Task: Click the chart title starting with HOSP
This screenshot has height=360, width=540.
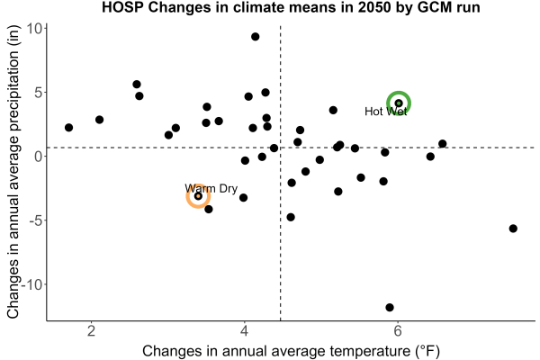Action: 291,7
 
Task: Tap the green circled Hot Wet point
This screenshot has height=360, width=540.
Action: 399,103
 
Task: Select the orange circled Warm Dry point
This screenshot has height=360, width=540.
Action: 198,196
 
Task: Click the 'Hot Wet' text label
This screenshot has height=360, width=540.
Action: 386,112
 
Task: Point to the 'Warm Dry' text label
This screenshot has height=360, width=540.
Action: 211,189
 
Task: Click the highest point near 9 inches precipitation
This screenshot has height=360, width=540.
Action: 256,37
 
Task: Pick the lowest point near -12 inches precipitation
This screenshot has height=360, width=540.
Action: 390,307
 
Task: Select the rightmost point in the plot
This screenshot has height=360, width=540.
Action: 513,229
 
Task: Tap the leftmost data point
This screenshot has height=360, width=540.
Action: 69,128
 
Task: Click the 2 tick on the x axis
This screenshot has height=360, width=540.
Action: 91,330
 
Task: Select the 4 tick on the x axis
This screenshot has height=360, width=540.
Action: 245,330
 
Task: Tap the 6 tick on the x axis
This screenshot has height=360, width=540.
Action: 398,330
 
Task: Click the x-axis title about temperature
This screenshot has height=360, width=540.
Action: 291,351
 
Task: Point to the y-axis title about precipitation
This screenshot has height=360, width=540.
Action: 13,171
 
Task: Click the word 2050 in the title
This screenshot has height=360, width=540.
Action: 373,7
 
